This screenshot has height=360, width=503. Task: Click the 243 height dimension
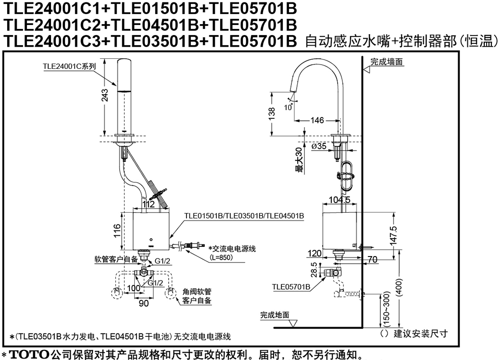pos(105,95)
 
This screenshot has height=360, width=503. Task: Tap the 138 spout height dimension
pos(272,114)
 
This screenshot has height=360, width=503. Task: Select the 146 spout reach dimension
pos(317,120)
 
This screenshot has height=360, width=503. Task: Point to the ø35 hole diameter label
pos(319,146)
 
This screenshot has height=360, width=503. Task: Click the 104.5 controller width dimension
pos(340,200)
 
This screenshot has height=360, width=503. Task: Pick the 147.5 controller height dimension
pos(394,236)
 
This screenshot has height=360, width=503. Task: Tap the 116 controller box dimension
pos(117,231)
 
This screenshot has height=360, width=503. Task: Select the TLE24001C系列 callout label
pos(69,66)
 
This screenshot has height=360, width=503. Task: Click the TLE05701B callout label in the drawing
pos(291,287)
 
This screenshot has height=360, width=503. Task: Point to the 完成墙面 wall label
pos(387,62)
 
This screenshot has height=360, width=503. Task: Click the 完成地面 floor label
pos(275,315)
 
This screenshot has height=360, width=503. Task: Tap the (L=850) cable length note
pos(221,257)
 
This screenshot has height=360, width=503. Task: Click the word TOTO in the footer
pos(29,355)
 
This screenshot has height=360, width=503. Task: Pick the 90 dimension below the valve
pos(144,303)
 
